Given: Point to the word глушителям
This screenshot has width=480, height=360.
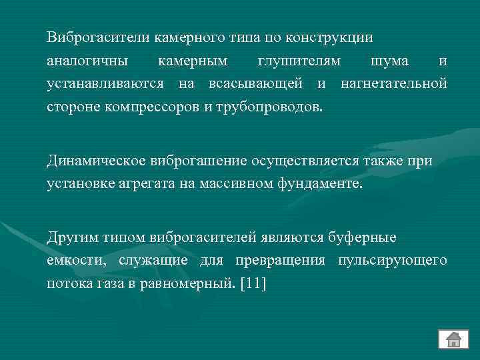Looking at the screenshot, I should (x=299, y=61).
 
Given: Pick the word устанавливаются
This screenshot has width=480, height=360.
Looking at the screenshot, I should (x=105, y=83).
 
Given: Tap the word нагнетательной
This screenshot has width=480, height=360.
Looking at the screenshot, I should (x=393, y=83).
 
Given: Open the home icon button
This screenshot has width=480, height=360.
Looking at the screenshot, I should (x=453, y=339).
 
